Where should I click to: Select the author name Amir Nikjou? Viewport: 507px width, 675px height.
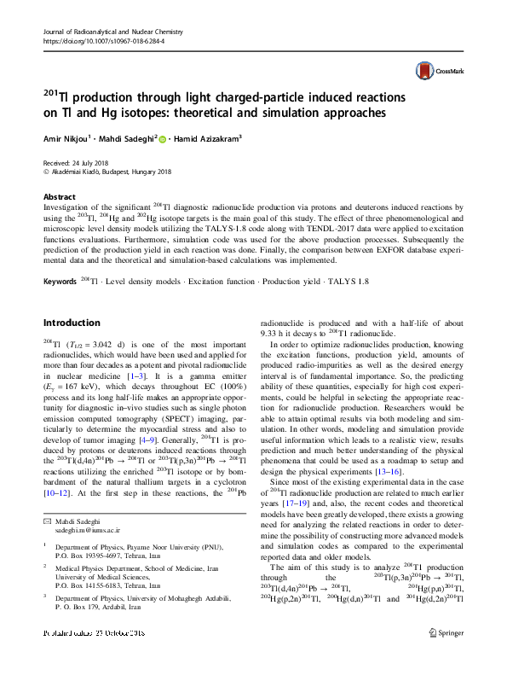69,137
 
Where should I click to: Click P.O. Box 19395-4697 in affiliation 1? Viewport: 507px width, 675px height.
98,556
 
